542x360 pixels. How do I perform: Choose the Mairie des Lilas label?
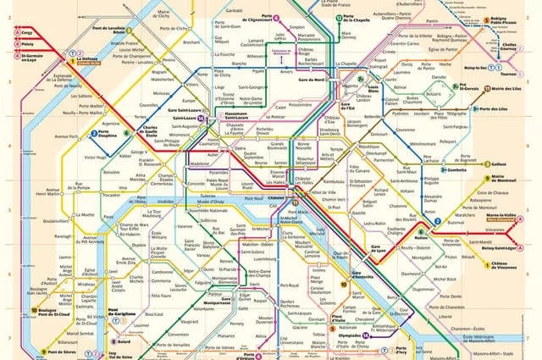(x=507, y=89)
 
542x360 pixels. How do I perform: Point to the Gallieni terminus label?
(x=499, y=164)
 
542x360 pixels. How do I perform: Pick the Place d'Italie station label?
(x=317, y=319)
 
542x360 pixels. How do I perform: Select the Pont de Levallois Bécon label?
(x=113, y=32)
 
